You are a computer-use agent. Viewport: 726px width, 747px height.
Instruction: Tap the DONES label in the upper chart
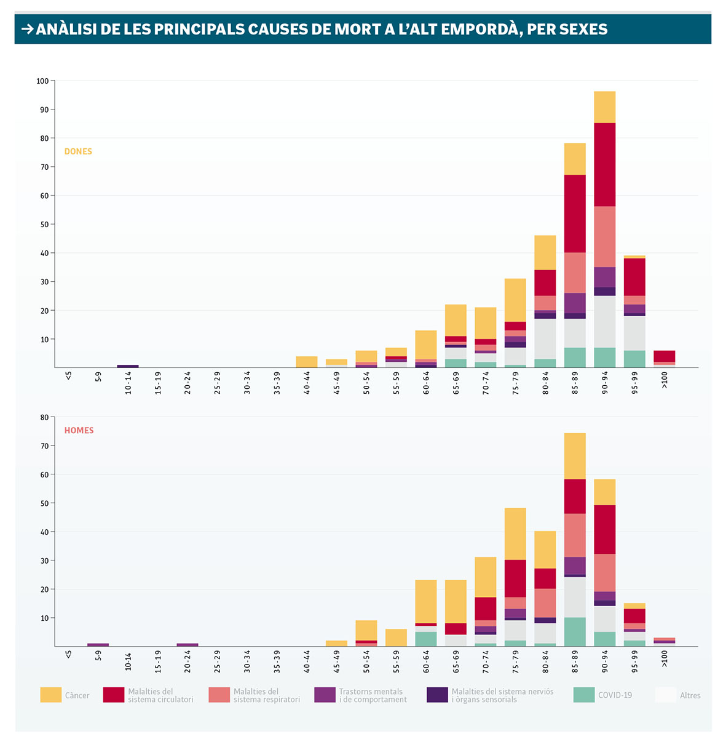pos(78,151)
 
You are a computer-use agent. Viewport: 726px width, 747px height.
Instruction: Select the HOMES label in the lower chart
pos(79,430)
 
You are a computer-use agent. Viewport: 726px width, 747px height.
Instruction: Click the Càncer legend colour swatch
pos(51,695)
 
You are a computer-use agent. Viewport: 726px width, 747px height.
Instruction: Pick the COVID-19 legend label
pos(615,695)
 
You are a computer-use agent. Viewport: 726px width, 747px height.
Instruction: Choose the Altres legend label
pos(690,695)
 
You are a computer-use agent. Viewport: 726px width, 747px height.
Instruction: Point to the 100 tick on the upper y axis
pos(42,81)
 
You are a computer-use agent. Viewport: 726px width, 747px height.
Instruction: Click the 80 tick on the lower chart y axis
pos(44,417)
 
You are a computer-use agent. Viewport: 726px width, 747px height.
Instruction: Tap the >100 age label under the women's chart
pos(665,380)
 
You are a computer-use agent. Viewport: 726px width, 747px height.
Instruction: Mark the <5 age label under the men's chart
pos(68,654)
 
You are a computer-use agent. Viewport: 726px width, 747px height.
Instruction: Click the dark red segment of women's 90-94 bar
pos(605,164)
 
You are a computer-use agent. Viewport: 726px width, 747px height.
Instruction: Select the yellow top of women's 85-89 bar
pos(575,159)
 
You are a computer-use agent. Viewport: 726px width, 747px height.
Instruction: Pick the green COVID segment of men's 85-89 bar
pos(575,632)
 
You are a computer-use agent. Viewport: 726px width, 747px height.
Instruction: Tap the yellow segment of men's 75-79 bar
pos(515,533)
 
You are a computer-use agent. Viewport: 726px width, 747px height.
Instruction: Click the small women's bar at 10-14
pos(128,366)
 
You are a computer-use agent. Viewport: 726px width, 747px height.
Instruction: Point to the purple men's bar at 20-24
pos(187,645)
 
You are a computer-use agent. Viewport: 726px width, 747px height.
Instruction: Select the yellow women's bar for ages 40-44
pos(307,362)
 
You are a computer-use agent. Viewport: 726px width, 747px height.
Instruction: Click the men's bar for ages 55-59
pos(396,637)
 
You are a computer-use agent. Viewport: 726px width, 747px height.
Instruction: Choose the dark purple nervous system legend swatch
pos(437,695)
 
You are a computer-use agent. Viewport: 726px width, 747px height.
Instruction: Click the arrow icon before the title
pos(27,29)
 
